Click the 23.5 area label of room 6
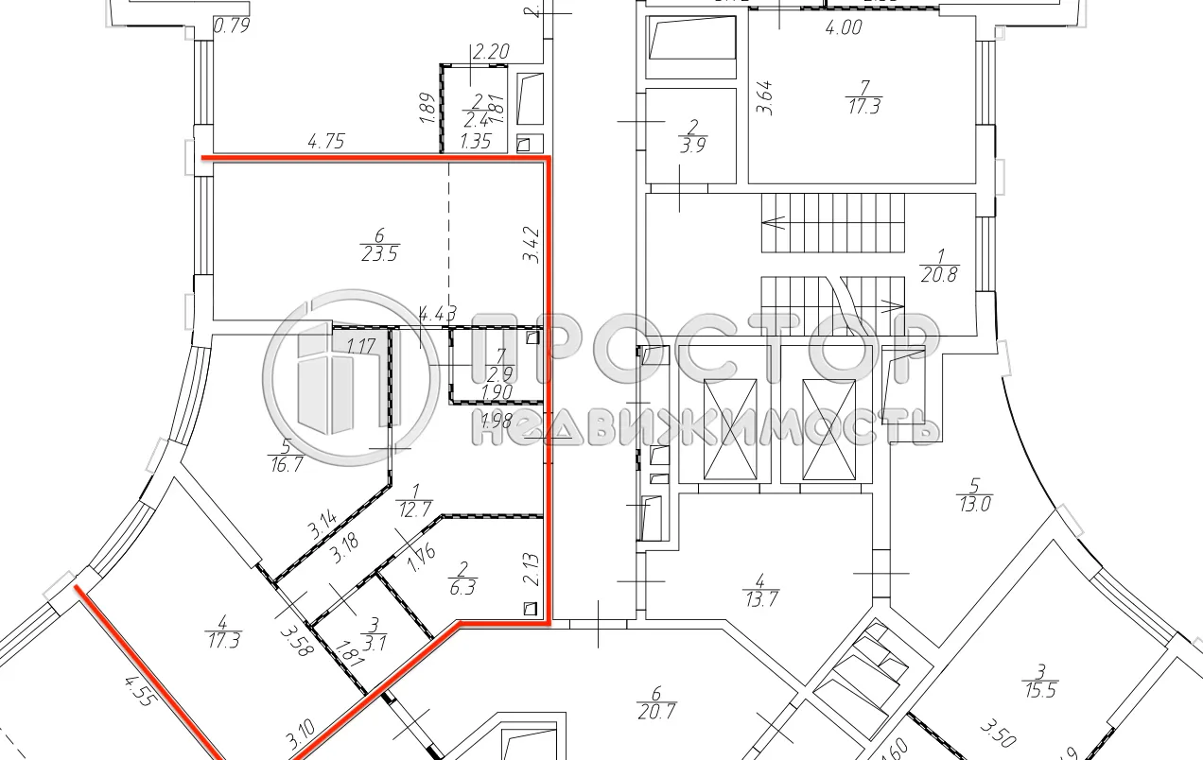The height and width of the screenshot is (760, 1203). (x=378, y=253)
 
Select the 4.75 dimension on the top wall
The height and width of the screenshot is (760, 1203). (x=325, y=142)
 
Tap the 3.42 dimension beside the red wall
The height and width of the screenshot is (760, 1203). (x=532, y=243)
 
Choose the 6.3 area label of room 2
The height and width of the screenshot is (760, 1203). (x=462, y=586)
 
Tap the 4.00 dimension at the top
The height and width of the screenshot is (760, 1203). (x=843, y=28)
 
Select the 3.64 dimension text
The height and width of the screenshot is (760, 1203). (x=766, y=97)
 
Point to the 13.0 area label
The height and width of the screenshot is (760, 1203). (x=973, y=504)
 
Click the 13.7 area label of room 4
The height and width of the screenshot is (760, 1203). (x=760, y=597)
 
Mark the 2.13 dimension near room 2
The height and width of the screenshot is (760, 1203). (x=532, y=573)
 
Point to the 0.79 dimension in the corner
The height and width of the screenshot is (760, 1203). (x=232, y=26)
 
